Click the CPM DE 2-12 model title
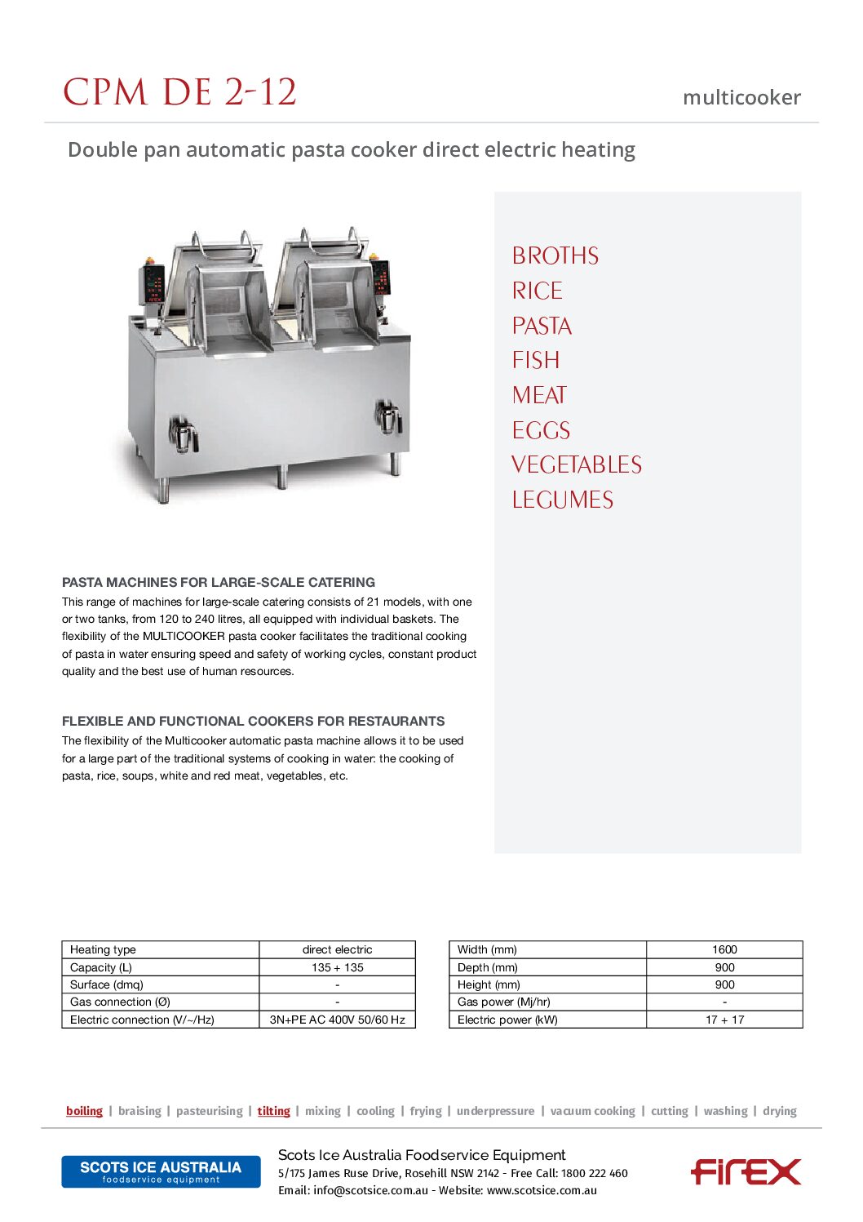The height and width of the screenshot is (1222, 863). pos(179,92)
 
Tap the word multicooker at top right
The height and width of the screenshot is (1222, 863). pos(741,98)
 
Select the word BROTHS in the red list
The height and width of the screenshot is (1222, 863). pos(555,256)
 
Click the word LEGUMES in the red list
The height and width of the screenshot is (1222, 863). pos(563,500)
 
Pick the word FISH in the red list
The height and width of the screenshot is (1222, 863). pos(536,361)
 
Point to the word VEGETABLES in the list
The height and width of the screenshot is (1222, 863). pos(577,465)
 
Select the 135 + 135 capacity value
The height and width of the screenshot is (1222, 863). pos(337,967)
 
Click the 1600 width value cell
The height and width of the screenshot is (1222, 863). pos(724,949)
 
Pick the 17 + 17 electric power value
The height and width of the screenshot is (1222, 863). pos(724,1020)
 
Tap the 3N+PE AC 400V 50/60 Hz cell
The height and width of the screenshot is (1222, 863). pos(337,1020)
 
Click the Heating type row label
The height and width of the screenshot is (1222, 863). pos(104,949)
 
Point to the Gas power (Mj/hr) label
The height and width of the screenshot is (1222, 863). pos(503,1002)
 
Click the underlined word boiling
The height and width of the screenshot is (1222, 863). pos(85,1111)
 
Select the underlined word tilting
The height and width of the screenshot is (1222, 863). pos(274,1111)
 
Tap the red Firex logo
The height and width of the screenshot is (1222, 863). pos(746,1171)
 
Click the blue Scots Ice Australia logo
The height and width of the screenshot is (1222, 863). pos(161,1171)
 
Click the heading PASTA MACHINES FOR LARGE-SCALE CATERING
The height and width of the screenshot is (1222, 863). pos(219,582)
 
